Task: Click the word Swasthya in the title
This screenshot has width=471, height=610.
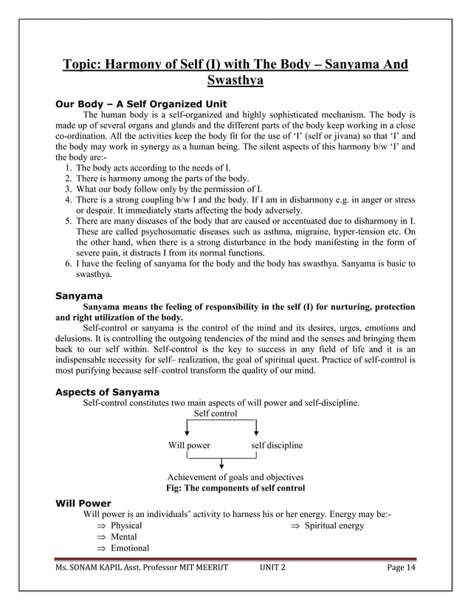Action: (x=235, y=79)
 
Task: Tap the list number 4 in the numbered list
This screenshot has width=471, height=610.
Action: (x=67, y=199)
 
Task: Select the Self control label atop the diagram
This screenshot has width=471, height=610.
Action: (x=216, y=414)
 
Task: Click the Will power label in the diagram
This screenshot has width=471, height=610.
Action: (x=189, y=445)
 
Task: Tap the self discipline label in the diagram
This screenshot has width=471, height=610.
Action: (x=277, y=445)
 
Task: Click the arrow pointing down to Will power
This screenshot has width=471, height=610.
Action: (x=188, y=429)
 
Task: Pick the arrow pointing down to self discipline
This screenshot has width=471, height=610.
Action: (x=256, y=429)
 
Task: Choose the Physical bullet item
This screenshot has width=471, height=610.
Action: (x=126, y=526)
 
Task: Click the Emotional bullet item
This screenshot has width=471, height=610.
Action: (x=130, y=548)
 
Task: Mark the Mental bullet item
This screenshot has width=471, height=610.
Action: (x=125, y=537)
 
